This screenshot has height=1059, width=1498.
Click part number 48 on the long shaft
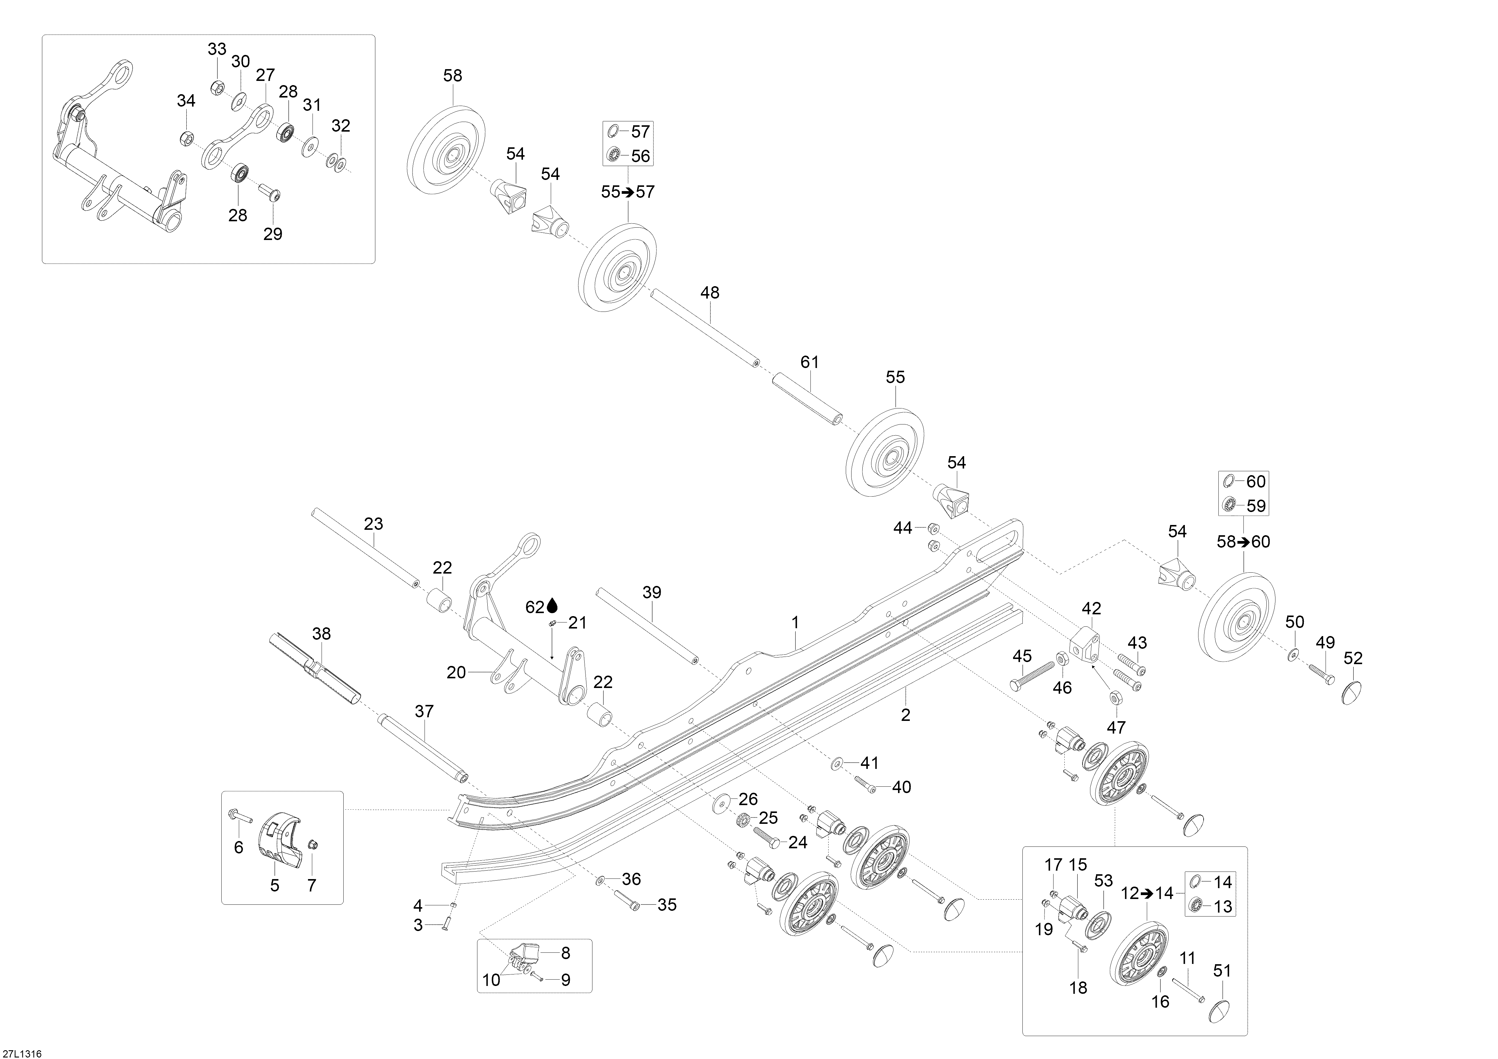point(710,293)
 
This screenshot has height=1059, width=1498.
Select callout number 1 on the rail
point(795,623)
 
